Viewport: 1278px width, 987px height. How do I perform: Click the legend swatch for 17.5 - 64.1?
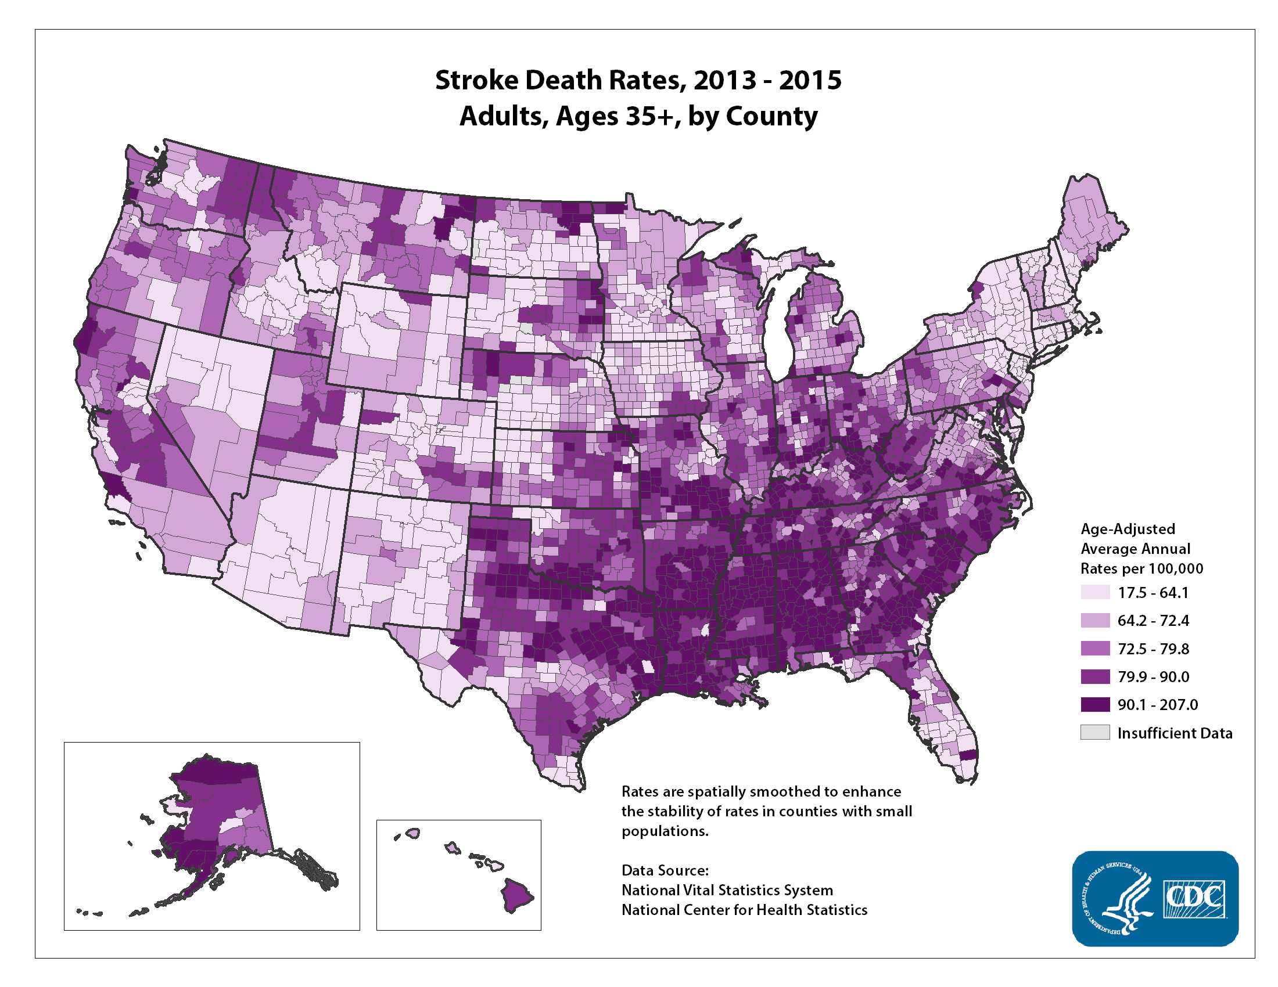1095,592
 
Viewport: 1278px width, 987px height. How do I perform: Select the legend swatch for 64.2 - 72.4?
1095,621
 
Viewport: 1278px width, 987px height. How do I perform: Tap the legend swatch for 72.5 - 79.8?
1095,649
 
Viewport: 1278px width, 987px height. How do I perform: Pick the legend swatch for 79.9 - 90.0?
1095,676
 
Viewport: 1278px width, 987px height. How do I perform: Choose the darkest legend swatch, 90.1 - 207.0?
1095,705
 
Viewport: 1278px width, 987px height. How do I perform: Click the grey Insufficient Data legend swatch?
1095,733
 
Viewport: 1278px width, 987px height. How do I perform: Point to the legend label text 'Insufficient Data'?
1175,733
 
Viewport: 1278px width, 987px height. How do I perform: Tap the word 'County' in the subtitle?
771,116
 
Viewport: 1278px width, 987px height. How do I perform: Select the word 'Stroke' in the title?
476,80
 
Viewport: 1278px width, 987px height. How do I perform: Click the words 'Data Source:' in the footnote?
665,870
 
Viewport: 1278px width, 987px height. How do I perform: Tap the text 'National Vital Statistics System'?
727,890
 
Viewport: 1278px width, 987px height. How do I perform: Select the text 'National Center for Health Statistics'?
744,910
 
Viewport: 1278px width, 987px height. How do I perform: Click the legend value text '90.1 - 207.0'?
1157,705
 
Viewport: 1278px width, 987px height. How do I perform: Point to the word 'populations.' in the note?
665,831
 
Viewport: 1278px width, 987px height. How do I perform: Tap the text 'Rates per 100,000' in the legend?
1141,568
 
